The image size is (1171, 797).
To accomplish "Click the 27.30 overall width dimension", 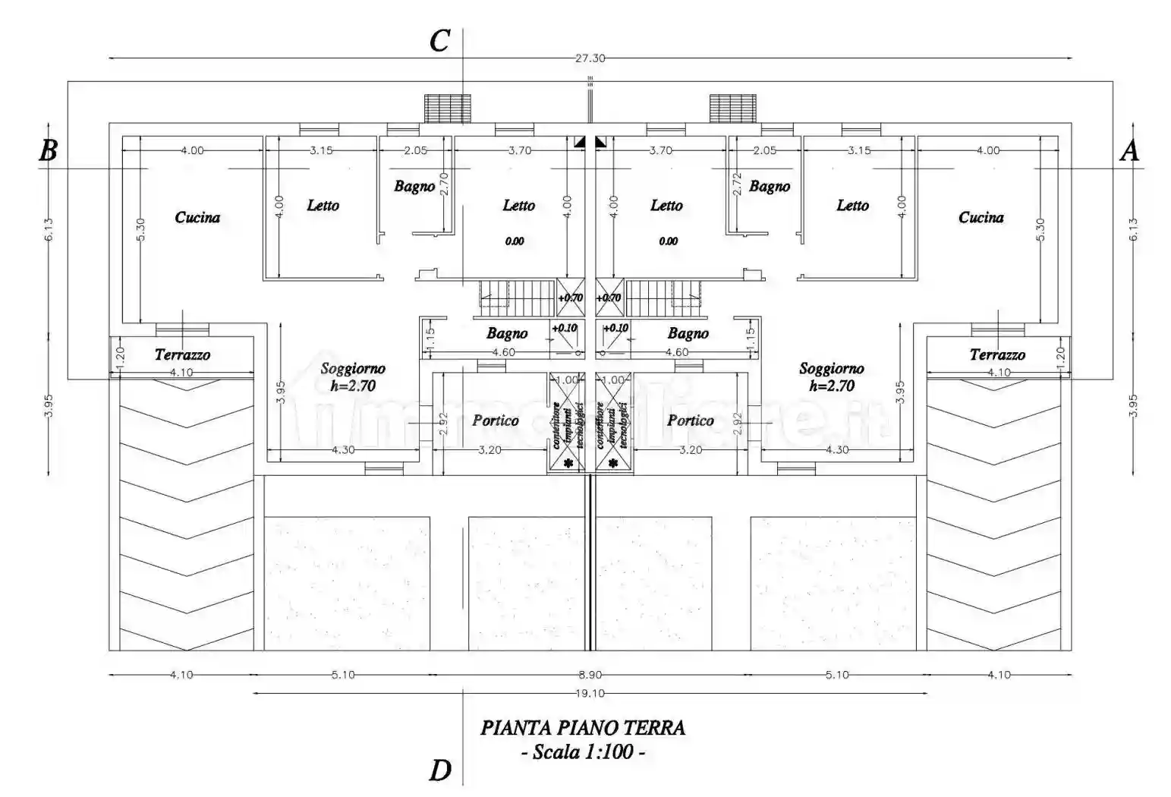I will coord(590,58).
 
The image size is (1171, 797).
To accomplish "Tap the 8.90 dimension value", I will coord(590,675).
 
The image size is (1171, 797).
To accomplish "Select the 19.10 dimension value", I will coord(590,693).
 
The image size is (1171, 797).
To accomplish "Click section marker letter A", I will coord(1129,151).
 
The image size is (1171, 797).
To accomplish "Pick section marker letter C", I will coord(439,41).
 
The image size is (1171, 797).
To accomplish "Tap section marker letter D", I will coord(440,770).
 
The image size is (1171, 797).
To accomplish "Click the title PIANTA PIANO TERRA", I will coord(583,728).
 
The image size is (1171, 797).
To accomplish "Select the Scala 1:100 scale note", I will coord(583,752).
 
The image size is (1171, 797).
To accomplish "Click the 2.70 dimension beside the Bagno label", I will coord(445,184).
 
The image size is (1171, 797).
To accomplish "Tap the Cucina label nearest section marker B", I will coord(197,218).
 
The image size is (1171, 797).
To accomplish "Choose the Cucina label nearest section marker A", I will coord(981,218).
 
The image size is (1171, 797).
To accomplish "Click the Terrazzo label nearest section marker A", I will coord(997,354).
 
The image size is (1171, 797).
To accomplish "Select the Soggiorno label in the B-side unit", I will coord(353,369).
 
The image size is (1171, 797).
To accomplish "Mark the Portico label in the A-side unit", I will coord(691,421).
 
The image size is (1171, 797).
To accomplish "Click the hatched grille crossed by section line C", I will coord(447,108).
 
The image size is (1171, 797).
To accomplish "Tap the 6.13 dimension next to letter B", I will coord(48,230).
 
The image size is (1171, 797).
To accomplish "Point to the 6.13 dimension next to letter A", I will coord(1132,230).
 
